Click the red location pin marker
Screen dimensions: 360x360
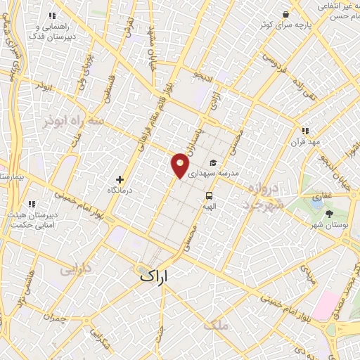point(180,165)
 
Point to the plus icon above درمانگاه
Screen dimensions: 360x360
point(120,179)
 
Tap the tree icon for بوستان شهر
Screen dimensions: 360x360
point(330,213)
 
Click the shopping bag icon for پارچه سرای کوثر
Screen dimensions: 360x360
point(285,14)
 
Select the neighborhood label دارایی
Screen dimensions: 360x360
point(74,268)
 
